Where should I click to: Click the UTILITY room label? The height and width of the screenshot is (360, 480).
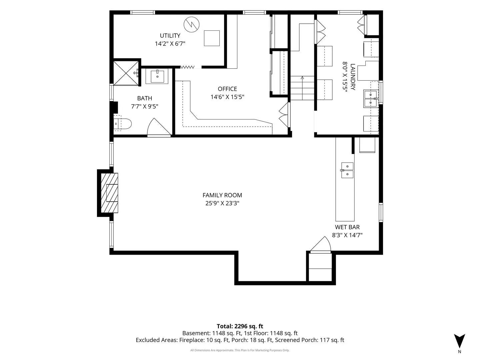pos(170,36)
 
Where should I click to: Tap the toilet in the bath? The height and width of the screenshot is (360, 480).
pos(122,124)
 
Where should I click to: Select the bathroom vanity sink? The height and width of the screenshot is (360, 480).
pos(157,76)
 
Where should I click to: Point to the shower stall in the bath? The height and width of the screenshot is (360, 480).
pos(126,73)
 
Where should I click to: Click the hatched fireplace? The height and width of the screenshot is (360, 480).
pos(109,193)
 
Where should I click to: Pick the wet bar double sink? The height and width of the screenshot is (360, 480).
pos(347,170)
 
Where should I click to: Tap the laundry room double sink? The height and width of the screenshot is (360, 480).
pos(371,99)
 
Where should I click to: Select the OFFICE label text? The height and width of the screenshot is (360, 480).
pos(227,89)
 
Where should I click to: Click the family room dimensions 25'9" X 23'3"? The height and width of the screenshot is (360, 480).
pos(222,203)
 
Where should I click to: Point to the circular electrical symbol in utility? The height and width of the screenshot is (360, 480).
pos(192,24)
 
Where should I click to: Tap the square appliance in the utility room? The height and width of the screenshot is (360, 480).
pos(212,38)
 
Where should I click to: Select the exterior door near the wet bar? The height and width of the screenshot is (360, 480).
pos(321,245)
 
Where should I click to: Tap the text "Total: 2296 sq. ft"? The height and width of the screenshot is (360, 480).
pos(240,326)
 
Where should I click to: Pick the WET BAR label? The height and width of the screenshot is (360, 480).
pos(347,227)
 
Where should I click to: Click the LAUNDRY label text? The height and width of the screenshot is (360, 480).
pos(353,77)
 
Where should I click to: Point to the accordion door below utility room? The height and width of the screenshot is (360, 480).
pos(187,67)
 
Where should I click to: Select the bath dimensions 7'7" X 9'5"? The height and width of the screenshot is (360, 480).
pos(145,107)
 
